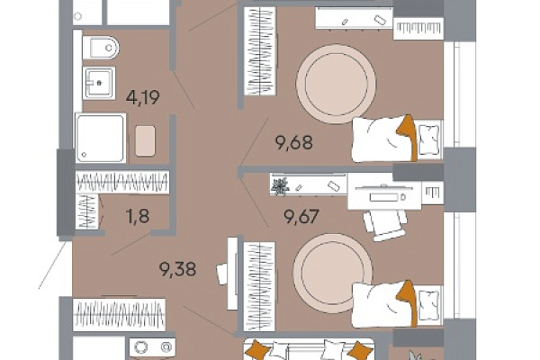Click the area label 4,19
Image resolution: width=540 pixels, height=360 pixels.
pos(142,97)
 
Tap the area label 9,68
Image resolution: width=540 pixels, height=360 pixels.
pos(294,142)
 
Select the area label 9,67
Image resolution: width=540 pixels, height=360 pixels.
pos(301,216)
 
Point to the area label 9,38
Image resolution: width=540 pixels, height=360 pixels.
pos(177,269)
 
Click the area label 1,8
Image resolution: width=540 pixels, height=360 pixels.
pos(138,216)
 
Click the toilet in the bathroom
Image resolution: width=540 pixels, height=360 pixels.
pos(101,47)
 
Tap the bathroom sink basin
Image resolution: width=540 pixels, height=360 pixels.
pos(99,83)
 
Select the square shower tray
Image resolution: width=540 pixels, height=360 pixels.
pos(101,138)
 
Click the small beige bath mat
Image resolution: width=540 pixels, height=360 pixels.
pos(145,141)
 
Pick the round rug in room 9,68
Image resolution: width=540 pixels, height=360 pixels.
pos(336,84)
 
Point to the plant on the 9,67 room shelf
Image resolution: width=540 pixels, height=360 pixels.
pos(280,186)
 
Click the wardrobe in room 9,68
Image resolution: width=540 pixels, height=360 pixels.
pos(260,51)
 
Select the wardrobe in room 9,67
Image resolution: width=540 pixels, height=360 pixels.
pos(259,286)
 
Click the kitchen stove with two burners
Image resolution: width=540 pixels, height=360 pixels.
pos(152,347)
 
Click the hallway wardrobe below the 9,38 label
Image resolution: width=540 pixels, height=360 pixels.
pos(119,314)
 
